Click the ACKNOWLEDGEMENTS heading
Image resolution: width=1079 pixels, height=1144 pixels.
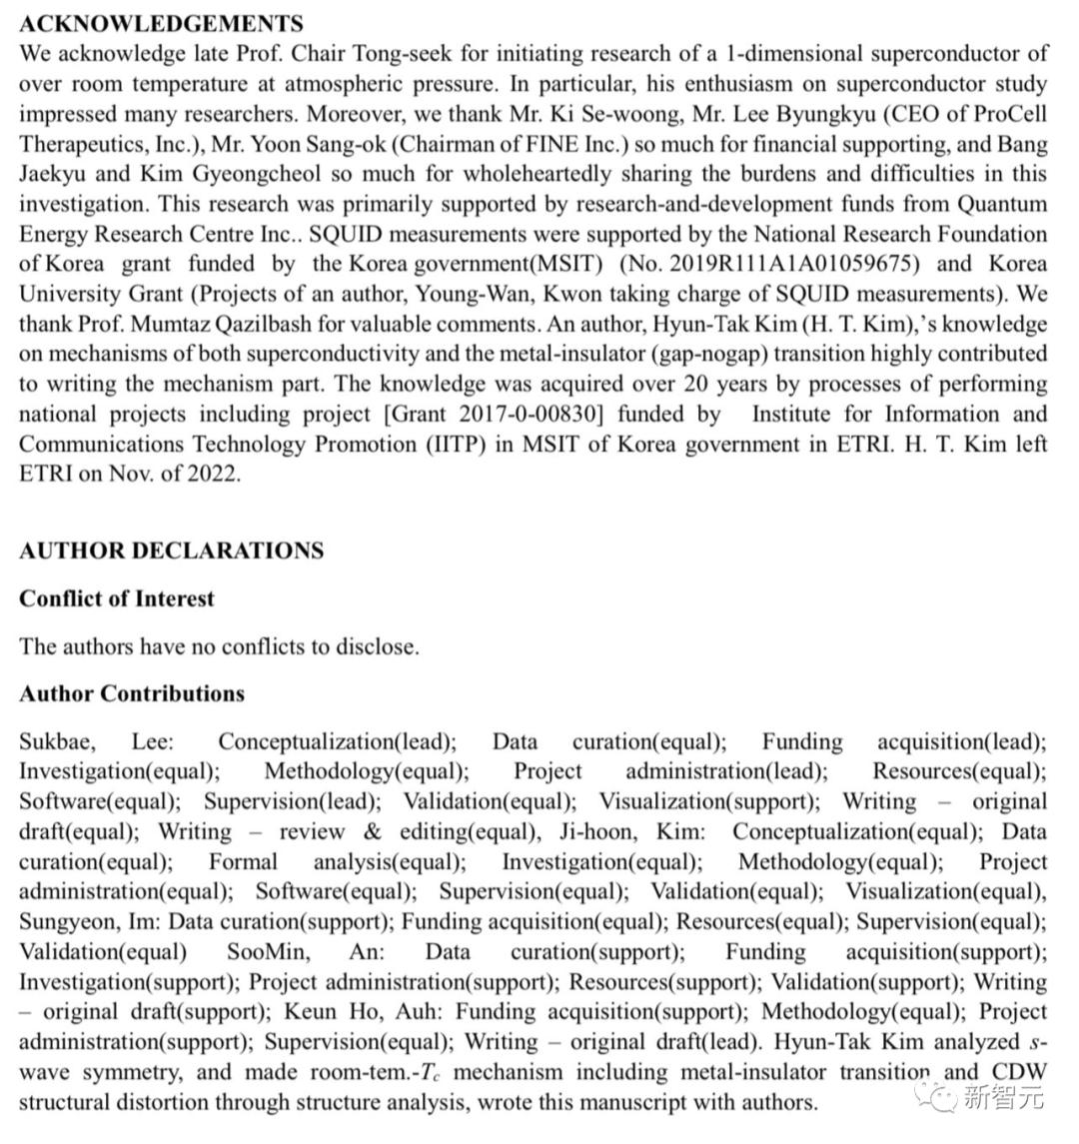(x=161, y=23)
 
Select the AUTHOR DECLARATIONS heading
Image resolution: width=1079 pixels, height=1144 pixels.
(x=171, y=551)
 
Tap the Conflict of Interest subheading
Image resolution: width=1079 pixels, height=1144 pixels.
(x=117, y=599)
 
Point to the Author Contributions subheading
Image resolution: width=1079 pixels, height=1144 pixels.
(x=132, y=693)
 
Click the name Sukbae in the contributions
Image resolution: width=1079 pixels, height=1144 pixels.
(x=56, y=741)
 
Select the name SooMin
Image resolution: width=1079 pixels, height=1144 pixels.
(x=267, y=951)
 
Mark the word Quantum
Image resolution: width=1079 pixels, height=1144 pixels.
(x=1002, y=204)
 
